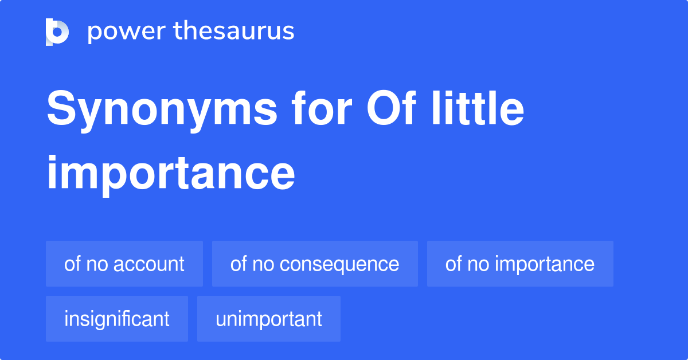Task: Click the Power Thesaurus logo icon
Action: click(x=57, y=32)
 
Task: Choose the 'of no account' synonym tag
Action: click(x=124, y=264)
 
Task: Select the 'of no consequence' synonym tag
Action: click(x=315, y=264)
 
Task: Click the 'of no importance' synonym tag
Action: click(x=520, y=264)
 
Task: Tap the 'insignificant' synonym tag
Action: click(x=117, y=319)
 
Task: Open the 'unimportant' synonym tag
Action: click(x=269, y=319)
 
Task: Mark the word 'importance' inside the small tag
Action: click(x=545, y=264)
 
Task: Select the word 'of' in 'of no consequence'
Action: click(x=237, y=264)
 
